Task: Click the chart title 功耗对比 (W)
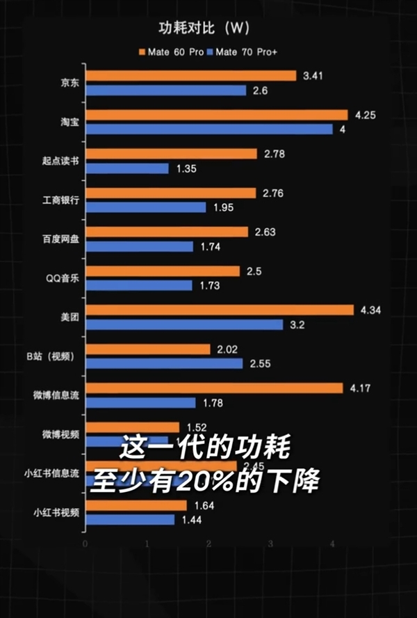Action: click(x=202, y=29)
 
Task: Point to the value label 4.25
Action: click(x=364, y=115)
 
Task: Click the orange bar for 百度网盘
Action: click(x=168, y=232)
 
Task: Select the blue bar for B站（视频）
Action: click(x=165, y=363)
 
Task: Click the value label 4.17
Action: click(x=361, y=388)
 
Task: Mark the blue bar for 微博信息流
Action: click(x=142, y=402)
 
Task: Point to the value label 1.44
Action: click(x=192, y=520)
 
